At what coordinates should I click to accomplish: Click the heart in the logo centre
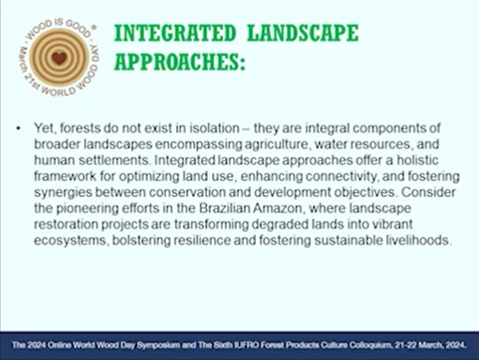pos(59,58)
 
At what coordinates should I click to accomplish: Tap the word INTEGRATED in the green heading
pos(175,33)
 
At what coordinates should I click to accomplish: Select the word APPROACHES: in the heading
pos(179,61)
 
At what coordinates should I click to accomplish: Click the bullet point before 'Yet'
pos(19,129)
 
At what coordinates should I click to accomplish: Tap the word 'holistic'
pos(418,160)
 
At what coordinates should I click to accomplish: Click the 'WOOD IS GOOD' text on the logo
pos(58,28)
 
